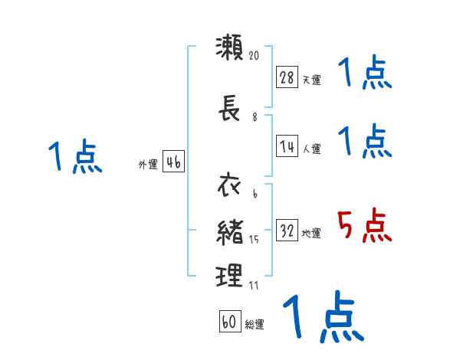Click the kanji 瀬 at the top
pos(230,47)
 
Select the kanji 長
pos(229,111)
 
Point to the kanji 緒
pos(230,232)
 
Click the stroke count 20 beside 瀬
pos(255,55)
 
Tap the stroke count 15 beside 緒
pos(255,241)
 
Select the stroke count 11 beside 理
pos(254,285)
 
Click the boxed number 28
pos(287,77)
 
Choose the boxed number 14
pos(287,146)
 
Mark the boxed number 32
pos(287,231)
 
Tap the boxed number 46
pos(173,162)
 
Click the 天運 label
pos(311,80)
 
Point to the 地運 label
pos(311,234)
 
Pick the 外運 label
pos(147,164)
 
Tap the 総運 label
pos(255,325)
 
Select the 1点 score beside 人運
pos(365,141)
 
